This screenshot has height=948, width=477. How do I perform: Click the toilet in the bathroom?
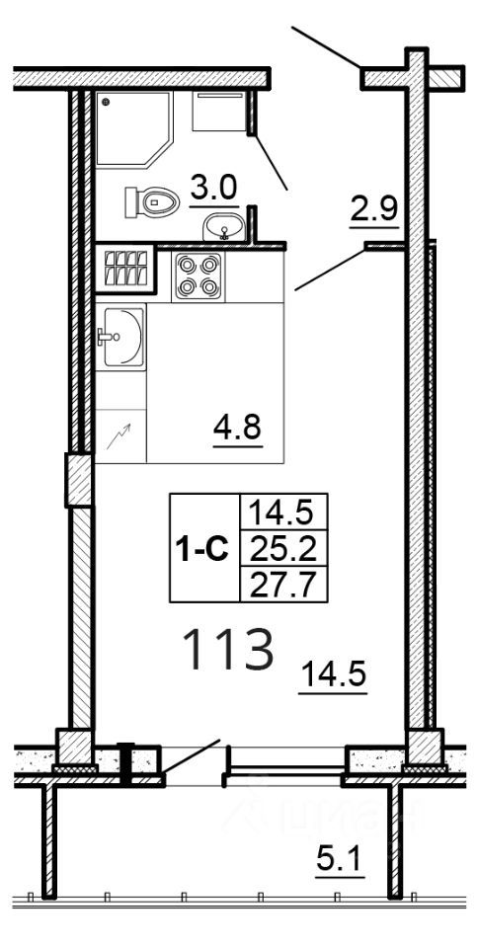[x=150, y=202]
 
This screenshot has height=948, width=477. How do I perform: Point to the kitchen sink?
[x=119, y=336]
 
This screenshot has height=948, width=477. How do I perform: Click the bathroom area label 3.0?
[x=214, y=188]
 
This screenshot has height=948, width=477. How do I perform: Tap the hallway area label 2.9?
[x=373, y=208]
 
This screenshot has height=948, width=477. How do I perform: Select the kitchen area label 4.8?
[x=238, y=430]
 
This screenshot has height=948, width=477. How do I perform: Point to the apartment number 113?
[x=227, y=651]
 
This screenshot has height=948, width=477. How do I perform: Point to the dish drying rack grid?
[x=124, y=269]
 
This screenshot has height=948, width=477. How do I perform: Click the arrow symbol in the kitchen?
[x=119, y=436]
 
